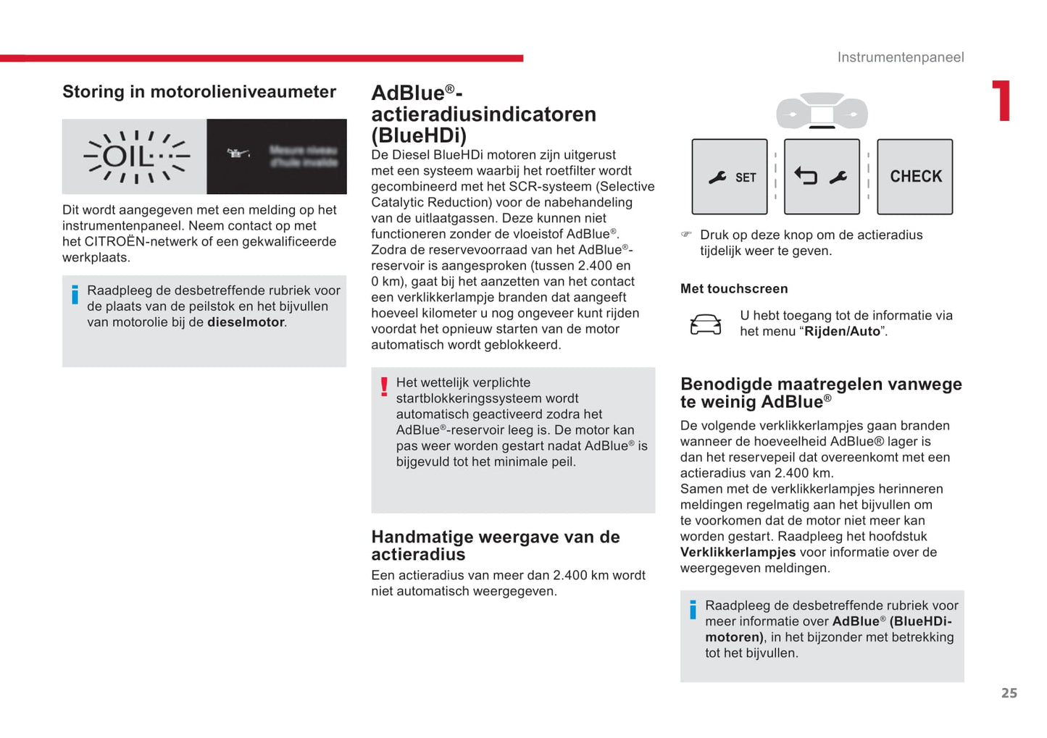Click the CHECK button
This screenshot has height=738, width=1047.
click(915, 177)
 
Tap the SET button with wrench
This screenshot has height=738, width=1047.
click(730, 177)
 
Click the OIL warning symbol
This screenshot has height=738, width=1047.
click(136, 156)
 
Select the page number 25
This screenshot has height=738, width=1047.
click(1009, 693)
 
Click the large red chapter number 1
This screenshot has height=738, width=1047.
click(1001, 101)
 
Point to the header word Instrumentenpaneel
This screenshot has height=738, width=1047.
click(901, 57)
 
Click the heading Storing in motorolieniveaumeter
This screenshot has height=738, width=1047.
click(199, 92)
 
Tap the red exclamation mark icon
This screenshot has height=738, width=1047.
click(384, 387)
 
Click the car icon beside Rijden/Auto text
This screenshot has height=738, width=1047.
click(705, 324)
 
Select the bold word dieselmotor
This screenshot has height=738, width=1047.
click(246, 322)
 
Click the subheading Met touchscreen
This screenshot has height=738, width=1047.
click(734, 289)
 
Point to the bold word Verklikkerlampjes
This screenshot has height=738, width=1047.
click(738, 553)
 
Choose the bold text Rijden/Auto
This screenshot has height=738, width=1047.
click(842, 332)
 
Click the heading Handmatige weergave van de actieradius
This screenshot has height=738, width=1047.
click(495, 545)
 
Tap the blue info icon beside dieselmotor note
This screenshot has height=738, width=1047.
click(75, 295)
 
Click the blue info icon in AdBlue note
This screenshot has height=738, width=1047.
click(693, 610)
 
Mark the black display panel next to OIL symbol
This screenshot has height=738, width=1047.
click(276, 156)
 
